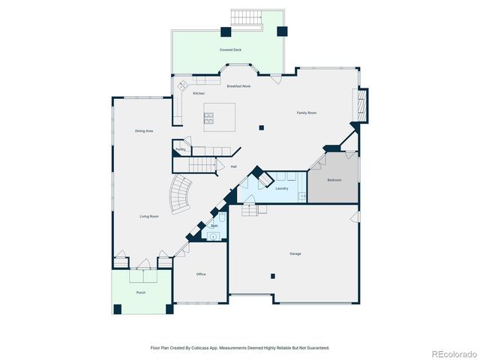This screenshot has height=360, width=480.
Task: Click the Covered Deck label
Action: click(x=230, y=49)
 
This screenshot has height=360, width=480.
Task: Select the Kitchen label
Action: click(x=199, y=93)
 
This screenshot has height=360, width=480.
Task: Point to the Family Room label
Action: click(x=306, y=112)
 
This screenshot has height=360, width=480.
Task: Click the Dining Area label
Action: click(x=144, y=131)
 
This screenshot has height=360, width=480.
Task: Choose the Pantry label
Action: click(x=181, y=149)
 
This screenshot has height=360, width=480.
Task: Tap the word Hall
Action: click(x=234, y=166)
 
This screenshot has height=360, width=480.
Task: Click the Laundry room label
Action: click(x=282, y=188)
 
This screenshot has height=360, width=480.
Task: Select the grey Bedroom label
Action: click(x=334, y=180)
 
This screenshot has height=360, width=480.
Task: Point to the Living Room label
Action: click(x=149, y=217)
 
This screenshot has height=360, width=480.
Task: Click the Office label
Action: click(x=201, y=274)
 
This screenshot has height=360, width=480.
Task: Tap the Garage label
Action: click(x=295, y=253)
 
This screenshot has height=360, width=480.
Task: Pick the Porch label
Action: click(x=140, y=292)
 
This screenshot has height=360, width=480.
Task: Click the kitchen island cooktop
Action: click(x=209, y=117)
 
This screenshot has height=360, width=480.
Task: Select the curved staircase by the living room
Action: click(x=181, y=193)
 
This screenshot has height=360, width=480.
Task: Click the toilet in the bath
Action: click(x=222, y=220)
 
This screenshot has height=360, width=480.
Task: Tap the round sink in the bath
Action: click(x=214, y=236)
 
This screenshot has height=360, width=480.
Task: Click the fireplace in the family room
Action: click(x=362, y=106)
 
